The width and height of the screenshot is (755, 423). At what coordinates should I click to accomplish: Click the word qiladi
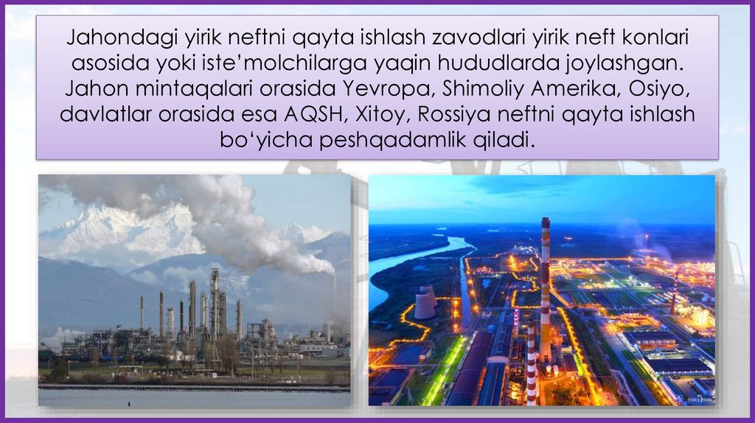pos(504,139)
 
